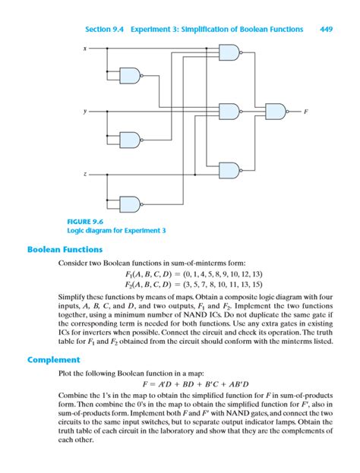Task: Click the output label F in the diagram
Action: (x=306, y=112)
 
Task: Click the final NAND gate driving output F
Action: (x=276, y=112)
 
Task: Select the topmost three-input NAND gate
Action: (x=229, y=52)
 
